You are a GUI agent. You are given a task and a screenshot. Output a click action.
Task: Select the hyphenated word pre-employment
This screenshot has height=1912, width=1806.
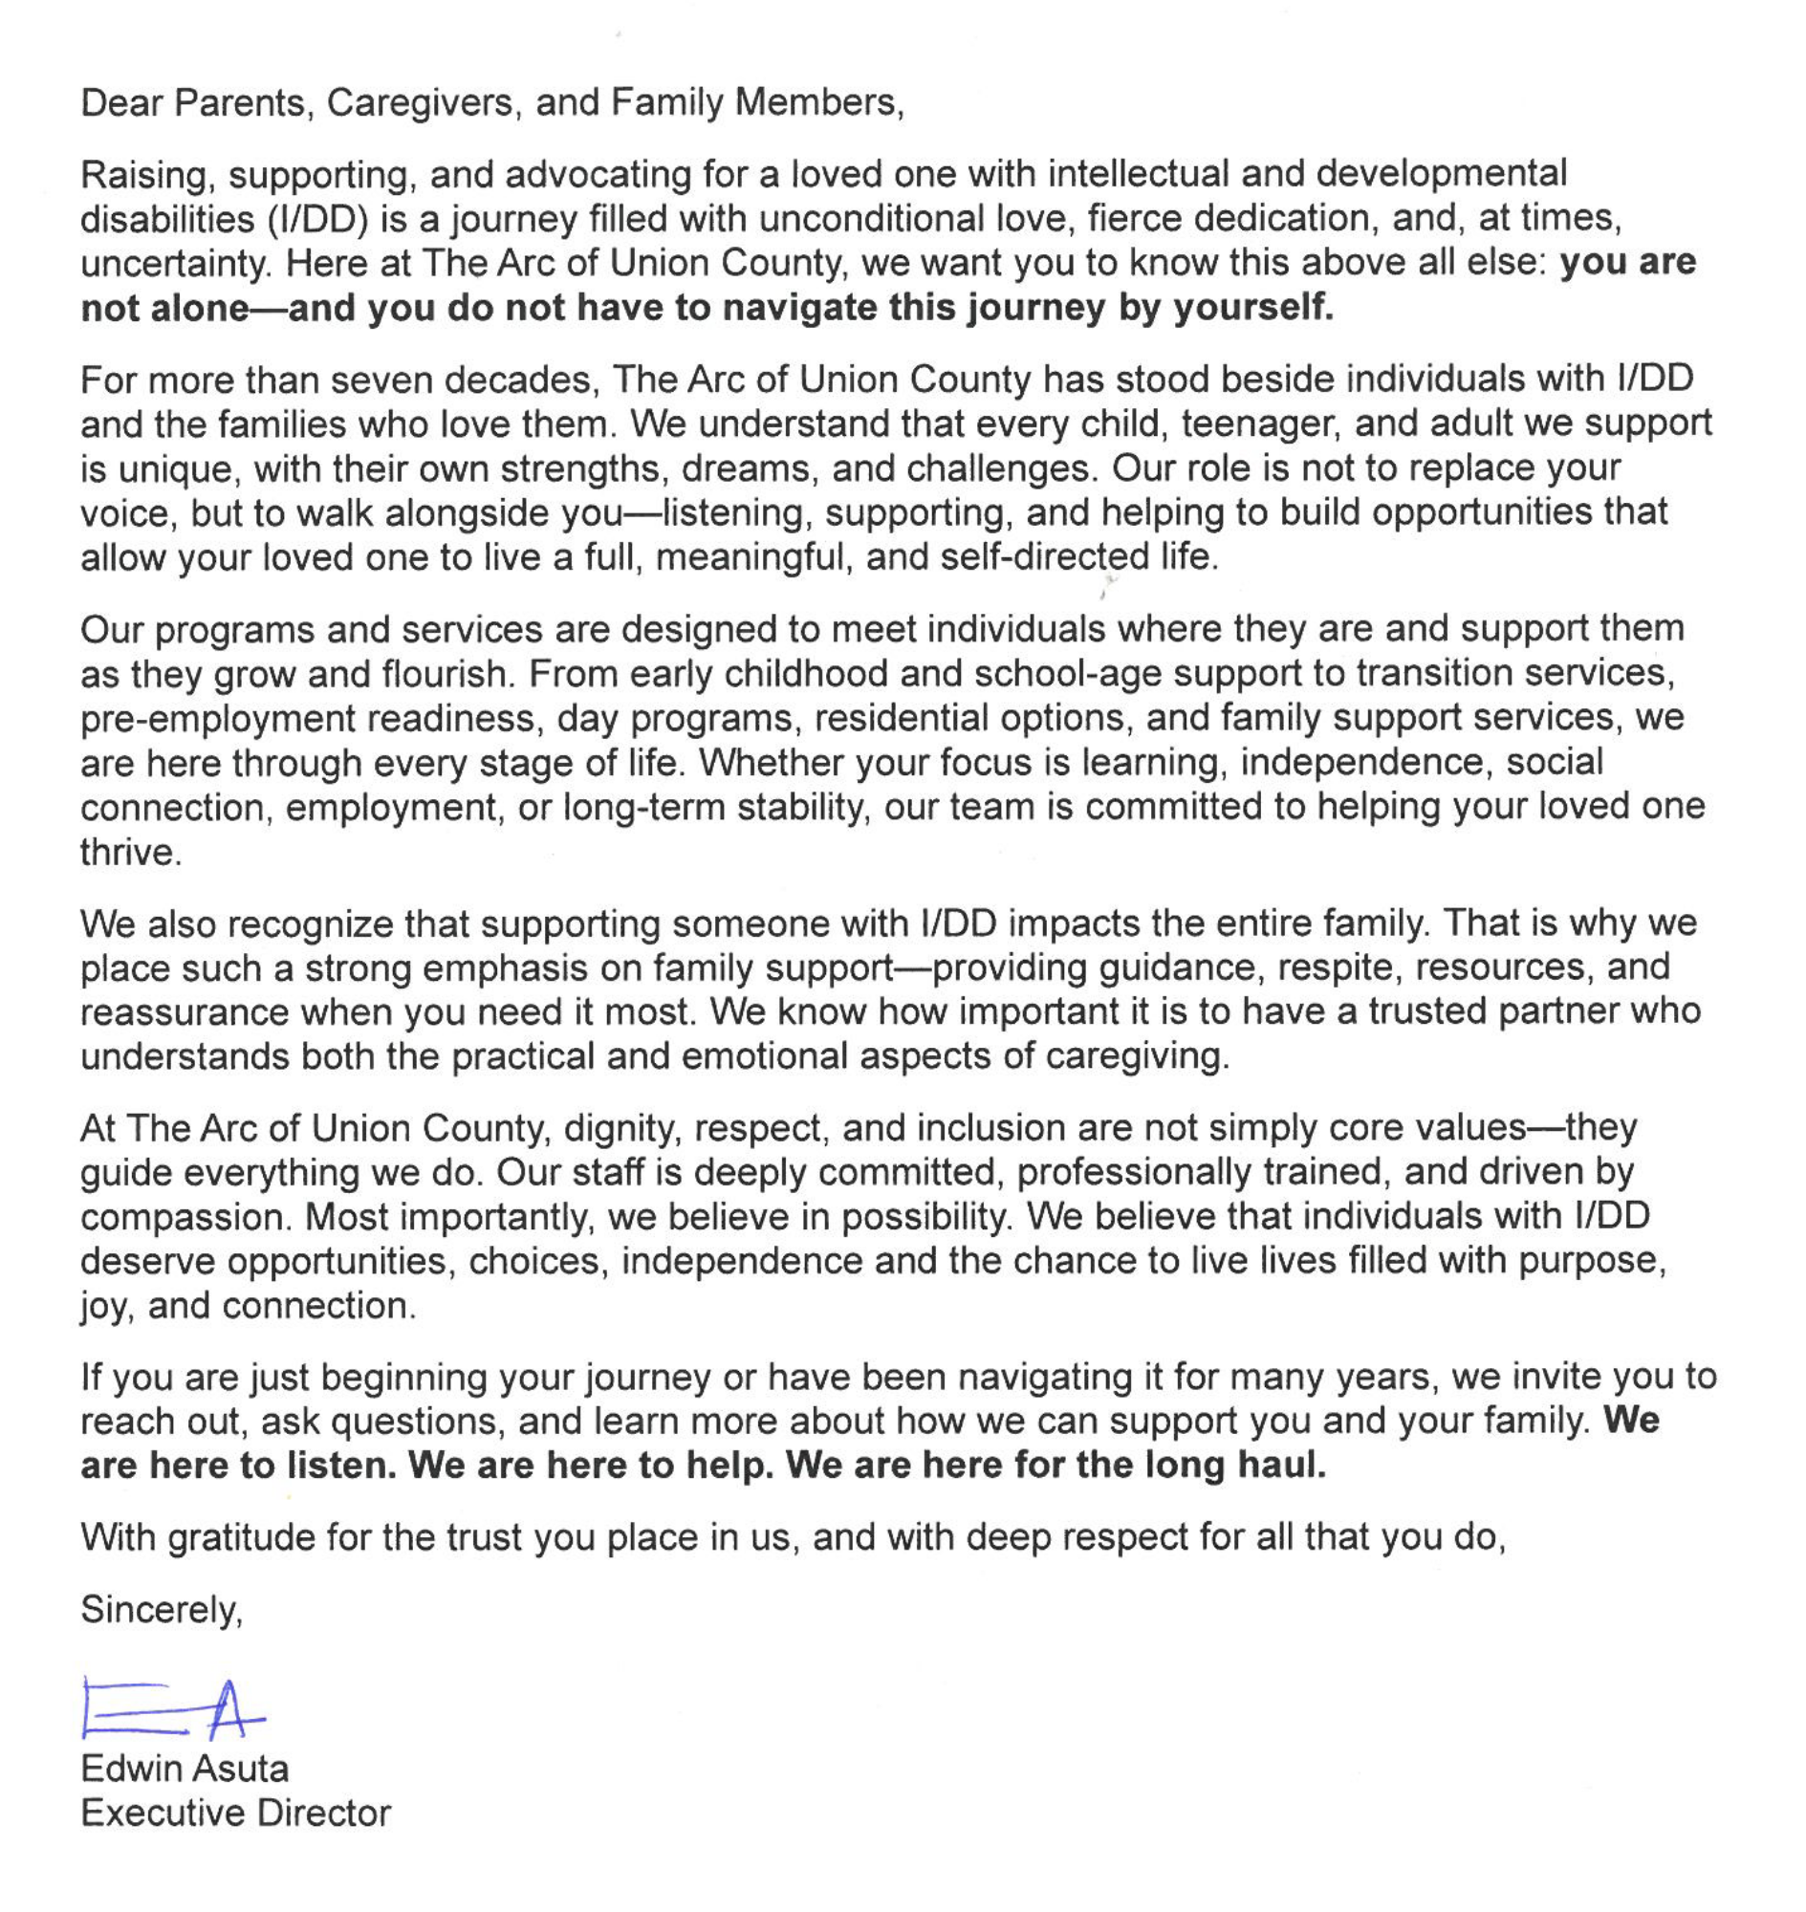tap(218, 719)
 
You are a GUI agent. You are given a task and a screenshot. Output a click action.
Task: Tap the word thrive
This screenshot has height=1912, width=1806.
tap(130, 853)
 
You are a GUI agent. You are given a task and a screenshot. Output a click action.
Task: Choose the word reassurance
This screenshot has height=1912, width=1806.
tap(183, 1012)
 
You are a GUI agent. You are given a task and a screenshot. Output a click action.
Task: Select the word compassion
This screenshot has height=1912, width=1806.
tap(185, 1218)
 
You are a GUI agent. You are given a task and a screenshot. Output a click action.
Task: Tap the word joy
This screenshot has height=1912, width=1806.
tap(103, 1308)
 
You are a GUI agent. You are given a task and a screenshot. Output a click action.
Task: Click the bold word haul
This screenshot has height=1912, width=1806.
tap(1283, 1467)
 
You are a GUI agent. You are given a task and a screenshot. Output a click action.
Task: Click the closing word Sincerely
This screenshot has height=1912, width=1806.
tap(161, 1610)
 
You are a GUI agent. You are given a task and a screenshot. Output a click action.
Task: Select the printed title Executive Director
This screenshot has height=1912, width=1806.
tap(236, 1814)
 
